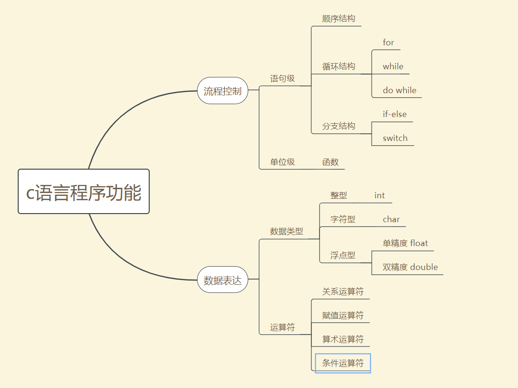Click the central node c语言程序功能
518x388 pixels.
pos(84,192)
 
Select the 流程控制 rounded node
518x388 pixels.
pos(222,91)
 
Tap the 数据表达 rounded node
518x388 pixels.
pos(222,280)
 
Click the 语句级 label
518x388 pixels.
pos(282,78)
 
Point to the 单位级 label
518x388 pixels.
pos(282,162)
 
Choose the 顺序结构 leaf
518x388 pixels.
pos(339,19)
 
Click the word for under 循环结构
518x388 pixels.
pos(388,43)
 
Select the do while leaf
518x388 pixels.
pos(399,90)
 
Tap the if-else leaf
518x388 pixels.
pos(395,114)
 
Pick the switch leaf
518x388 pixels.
pos(395,138)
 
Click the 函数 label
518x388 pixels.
pos(331,162)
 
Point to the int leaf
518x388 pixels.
pos(380,195)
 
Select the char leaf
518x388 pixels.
pos(391,219)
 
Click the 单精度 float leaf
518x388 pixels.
pos(405,243)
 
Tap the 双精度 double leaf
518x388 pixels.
pos(410,267)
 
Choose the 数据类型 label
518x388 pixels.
pos(287,231)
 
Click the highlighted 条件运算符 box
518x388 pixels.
pos(343,363)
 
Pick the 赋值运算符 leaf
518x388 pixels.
pos(343,315)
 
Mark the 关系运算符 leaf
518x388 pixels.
pos(343,291)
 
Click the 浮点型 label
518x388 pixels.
pos(343,255)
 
